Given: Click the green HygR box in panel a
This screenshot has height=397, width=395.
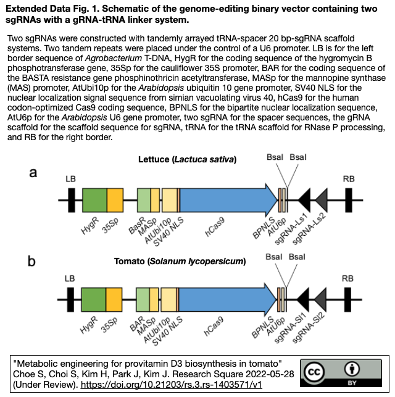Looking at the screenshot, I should point(94,201).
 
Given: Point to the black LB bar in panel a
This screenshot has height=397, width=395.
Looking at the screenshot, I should point(72,201).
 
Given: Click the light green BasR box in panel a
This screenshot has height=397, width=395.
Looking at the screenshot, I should point(144,201).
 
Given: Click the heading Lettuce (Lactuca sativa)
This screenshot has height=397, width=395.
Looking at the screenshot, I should point(188,160).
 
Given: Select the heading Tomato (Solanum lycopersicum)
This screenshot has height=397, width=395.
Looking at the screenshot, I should point(180,261).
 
